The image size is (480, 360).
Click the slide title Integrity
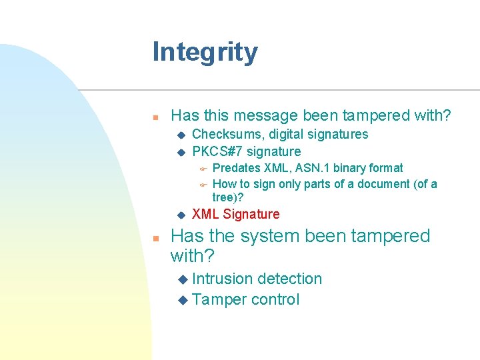205,52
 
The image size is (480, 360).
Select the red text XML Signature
235,214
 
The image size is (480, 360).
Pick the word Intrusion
222,279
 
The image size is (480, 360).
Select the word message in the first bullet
266,115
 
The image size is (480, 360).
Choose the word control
275,300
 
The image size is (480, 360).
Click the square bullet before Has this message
155,117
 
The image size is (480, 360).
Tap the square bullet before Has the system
155,237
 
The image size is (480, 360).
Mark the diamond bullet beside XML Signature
180,215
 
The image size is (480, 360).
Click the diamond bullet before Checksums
180,135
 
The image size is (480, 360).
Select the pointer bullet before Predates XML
203,168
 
